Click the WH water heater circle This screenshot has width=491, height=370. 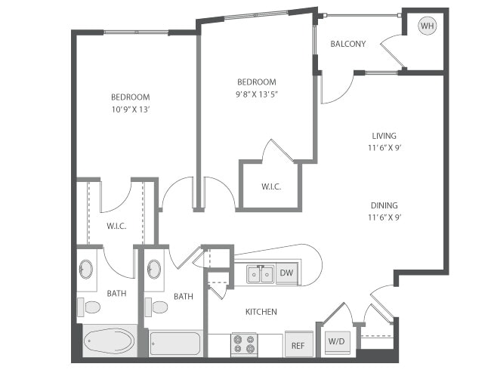(x=428, y=26)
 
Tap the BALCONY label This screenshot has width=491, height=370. (x=348, y=44)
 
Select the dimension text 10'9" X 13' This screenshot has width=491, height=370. (x=131, y=109)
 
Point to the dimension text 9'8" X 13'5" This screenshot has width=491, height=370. (x=257, y=94)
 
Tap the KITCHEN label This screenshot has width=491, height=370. (x=261, y=311)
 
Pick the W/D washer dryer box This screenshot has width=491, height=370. (x=336, y=341)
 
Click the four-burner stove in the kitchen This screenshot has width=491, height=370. (x=244, y=344)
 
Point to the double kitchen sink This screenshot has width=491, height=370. (x=259, y=274)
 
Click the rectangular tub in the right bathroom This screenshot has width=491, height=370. (x=175, y=344)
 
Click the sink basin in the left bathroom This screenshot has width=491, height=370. (x=87, y=270)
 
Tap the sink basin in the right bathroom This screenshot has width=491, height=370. (x=154, y=270)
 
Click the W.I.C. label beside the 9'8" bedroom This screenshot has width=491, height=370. (x=271, y=187)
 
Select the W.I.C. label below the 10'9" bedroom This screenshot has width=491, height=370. (x=116, y=224)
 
